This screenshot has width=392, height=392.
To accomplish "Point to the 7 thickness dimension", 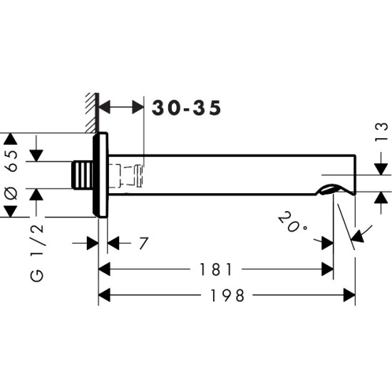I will coord(143,244).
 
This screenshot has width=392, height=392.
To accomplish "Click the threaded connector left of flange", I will coord(83,175).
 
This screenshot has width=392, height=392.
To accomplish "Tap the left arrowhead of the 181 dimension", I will coord(103,269).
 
